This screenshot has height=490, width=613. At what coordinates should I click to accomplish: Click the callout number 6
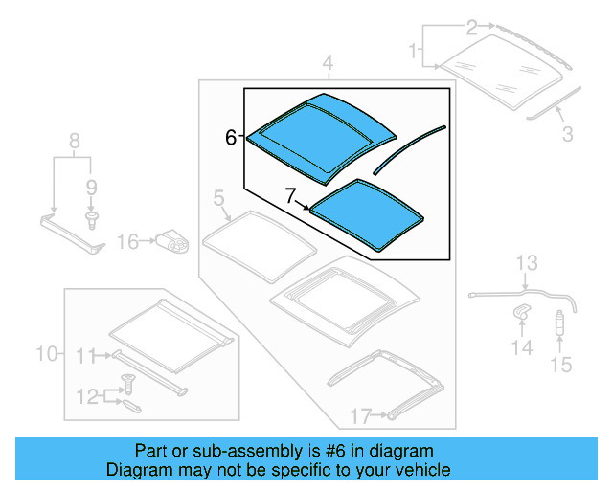230,138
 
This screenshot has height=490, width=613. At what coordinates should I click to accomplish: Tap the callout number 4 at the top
328,65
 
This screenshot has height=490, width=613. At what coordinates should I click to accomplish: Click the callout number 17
359,415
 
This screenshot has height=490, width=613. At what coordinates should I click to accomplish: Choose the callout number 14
521,347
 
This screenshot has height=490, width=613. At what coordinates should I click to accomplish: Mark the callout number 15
560,364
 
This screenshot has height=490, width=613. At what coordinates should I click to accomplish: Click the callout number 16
128,242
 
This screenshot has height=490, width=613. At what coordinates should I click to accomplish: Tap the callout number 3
567,135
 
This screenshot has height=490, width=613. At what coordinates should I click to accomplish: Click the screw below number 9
92,221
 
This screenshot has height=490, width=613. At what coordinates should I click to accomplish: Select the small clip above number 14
522,311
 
